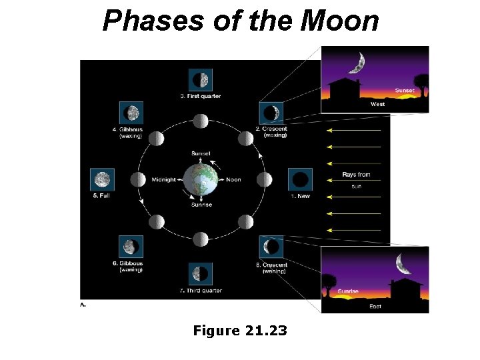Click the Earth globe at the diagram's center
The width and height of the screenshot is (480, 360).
pyautogui.click(x=201, y=179)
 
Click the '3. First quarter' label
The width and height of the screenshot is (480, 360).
pyautogui.click(x=201, y=96)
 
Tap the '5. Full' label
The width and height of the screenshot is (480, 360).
pyautogui.click(x=101, y=195)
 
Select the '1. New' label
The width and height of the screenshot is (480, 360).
pyautogui.click(x=300, y=196)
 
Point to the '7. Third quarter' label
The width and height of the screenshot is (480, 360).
pyautogui.click(x=201, y=290)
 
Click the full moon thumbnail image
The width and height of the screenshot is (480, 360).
pyautogui.click(x=102, y=179)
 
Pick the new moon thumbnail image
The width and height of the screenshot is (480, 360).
pyautogui.click(x=300, y=179)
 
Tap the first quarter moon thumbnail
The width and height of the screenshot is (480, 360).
pyautogui.click(x=201, y=80)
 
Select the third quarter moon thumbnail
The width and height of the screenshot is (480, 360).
pyautogui.click(x=201, y=273)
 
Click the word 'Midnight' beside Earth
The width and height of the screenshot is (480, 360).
pyautogui.click(x=163, y=179)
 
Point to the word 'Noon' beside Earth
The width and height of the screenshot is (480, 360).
pyautogui.click(x=233, y=179)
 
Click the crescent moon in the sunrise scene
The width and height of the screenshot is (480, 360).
pyautogui.click(x=403, y=264)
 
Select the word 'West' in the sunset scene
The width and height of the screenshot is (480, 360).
pyautogui.click(x=377, y=104)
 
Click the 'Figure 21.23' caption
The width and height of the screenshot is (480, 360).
pyautogui.click(x=240, y=329)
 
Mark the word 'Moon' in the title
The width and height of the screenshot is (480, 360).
pyautogui.click(x=340, y=21)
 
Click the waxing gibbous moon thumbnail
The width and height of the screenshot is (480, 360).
pyautogui.click(x=131, y=113)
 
